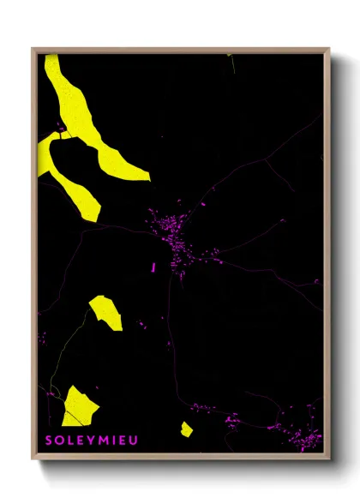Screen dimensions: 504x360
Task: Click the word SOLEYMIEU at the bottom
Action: coord(91,441)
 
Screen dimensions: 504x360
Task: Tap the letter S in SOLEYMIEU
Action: coord(49,441)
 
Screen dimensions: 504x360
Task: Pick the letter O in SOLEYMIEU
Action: coord(59,441)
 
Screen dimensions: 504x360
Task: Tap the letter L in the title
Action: coord(69,441)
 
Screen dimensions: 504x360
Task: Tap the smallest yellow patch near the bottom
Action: coord(186,429)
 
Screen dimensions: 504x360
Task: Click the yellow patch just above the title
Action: coord(80,406)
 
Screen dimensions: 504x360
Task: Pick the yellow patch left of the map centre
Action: coord(106,312)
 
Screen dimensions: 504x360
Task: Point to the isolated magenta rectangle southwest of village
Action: coord(153,268)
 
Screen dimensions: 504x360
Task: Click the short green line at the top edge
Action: coord(230,57)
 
